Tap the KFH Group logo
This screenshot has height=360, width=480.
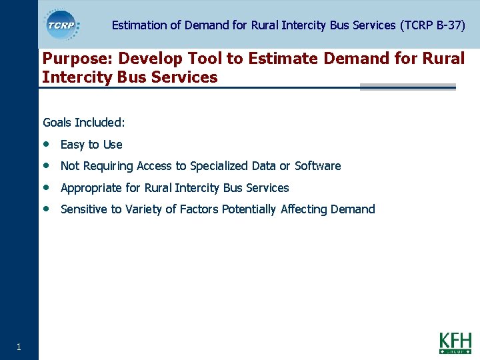coord(455,342)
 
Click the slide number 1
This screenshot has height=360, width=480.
coord(19,346)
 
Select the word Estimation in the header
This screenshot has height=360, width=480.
coord(139,25)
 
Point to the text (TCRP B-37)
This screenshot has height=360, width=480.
coord(432,25)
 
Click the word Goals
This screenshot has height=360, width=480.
coord(57,123)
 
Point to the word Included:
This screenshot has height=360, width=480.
coord(100,123)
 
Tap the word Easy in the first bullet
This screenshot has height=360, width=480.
coord(71,145)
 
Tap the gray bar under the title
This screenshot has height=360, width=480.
coord(407,86)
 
